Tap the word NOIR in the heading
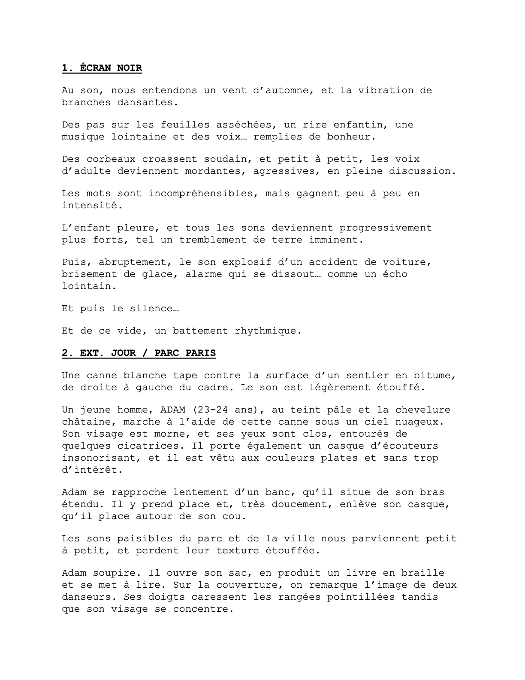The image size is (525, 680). (x=130, y=68)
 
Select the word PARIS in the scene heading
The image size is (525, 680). (x=201, y=353)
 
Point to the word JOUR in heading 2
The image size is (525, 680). (x=124, y=353)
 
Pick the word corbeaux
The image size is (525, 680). (x=111, y=159)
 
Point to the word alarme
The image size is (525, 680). (x=204, y=274)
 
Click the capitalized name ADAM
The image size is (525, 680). (x=160, y=410)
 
